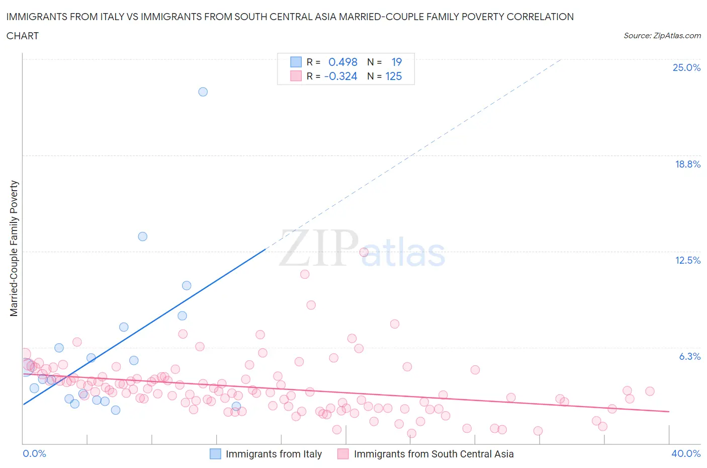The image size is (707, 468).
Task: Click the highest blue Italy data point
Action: coord(203,92)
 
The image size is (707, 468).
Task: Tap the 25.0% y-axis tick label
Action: coord(686,67)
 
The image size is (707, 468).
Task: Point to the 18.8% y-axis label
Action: coord(687,164)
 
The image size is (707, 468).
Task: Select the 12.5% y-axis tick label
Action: coord(687,260)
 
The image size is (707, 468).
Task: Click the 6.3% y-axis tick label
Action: coord(689,356)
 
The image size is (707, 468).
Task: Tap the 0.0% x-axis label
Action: coord(34,453)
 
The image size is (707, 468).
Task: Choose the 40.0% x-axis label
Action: coord(686,453)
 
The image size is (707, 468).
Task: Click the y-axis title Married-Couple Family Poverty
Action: coord(14,249)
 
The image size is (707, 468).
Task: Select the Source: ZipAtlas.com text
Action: coord(662,36)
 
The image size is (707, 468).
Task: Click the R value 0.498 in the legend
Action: coord(342,62)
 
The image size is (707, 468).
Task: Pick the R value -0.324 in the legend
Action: coord(340,76)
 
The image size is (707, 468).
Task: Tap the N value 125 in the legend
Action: coord(393,76)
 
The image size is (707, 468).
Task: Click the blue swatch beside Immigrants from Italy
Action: coord(215,454)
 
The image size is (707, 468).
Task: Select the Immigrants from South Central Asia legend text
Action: coord(433,454)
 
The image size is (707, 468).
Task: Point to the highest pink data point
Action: coord(364,252)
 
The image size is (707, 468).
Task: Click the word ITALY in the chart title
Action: coord(107,17)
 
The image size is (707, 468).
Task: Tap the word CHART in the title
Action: coord(23,36)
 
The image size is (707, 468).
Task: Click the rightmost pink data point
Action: coord(650,391)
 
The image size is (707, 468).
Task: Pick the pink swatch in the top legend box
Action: coord(296,76)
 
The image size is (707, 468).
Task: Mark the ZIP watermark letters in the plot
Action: coord(319,248)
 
